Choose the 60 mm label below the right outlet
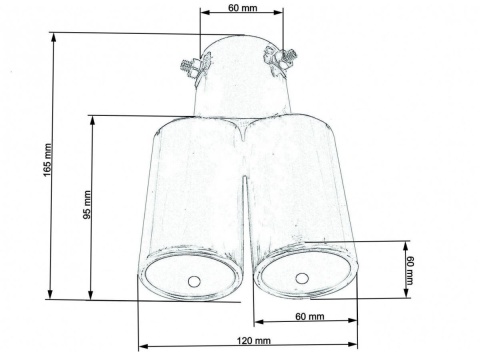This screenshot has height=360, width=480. (x=310, y=316)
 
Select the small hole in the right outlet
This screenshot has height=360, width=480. (x=301, y=276)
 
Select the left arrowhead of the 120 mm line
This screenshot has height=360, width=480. (x=141, y=347)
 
